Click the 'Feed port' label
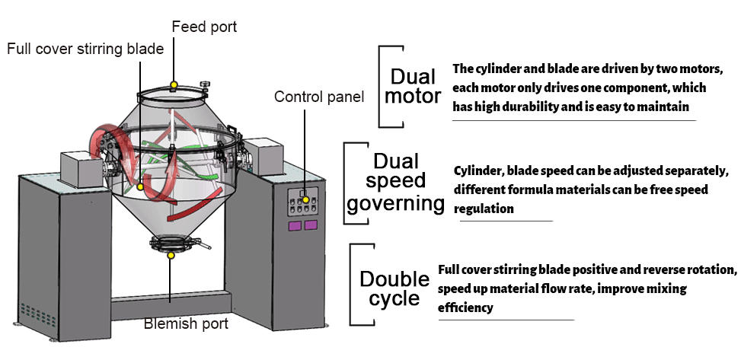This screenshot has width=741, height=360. pos(204,27)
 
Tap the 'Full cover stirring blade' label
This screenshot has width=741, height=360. pos(85,49)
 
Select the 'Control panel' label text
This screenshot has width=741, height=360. pos(319,97)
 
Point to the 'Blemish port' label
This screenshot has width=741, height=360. pos(186,324)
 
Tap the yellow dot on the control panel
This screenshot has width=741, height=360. pos(305,199)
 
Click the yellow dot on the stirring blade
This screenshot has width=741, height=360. pos(141,186)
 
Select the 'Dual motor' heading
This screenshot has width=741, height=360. pos(413,87)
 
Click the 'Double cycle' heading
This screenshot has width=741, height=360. pos(389,288)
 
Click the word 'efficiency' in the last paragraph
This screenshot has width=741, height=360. pos(465,308)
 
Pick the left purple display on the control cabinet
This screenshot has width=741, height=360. pos(293,225)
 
